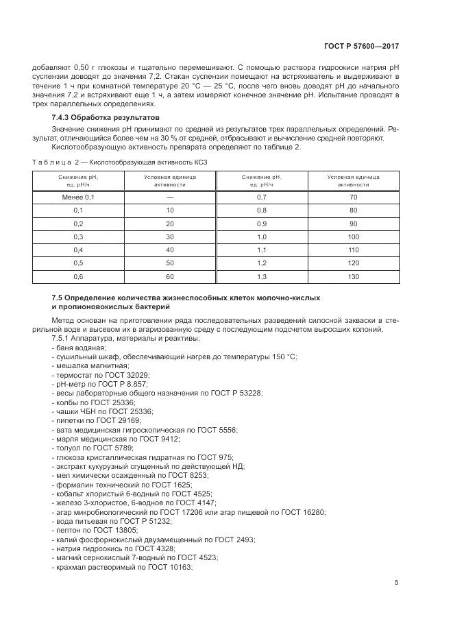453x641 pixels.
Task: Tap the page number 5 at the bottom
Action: [396, 583]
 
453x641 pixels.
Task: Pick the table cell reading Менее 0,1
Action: [78, 197]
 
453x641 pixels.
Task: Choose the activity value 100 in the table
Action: [353, 237]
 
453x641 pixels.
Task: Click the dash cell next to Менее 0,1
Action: [170, 197]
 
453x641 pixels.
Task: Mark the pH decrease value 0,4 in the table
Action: [78, 250]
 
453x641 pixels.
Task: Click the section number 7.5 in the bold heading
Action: [58, 299]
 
